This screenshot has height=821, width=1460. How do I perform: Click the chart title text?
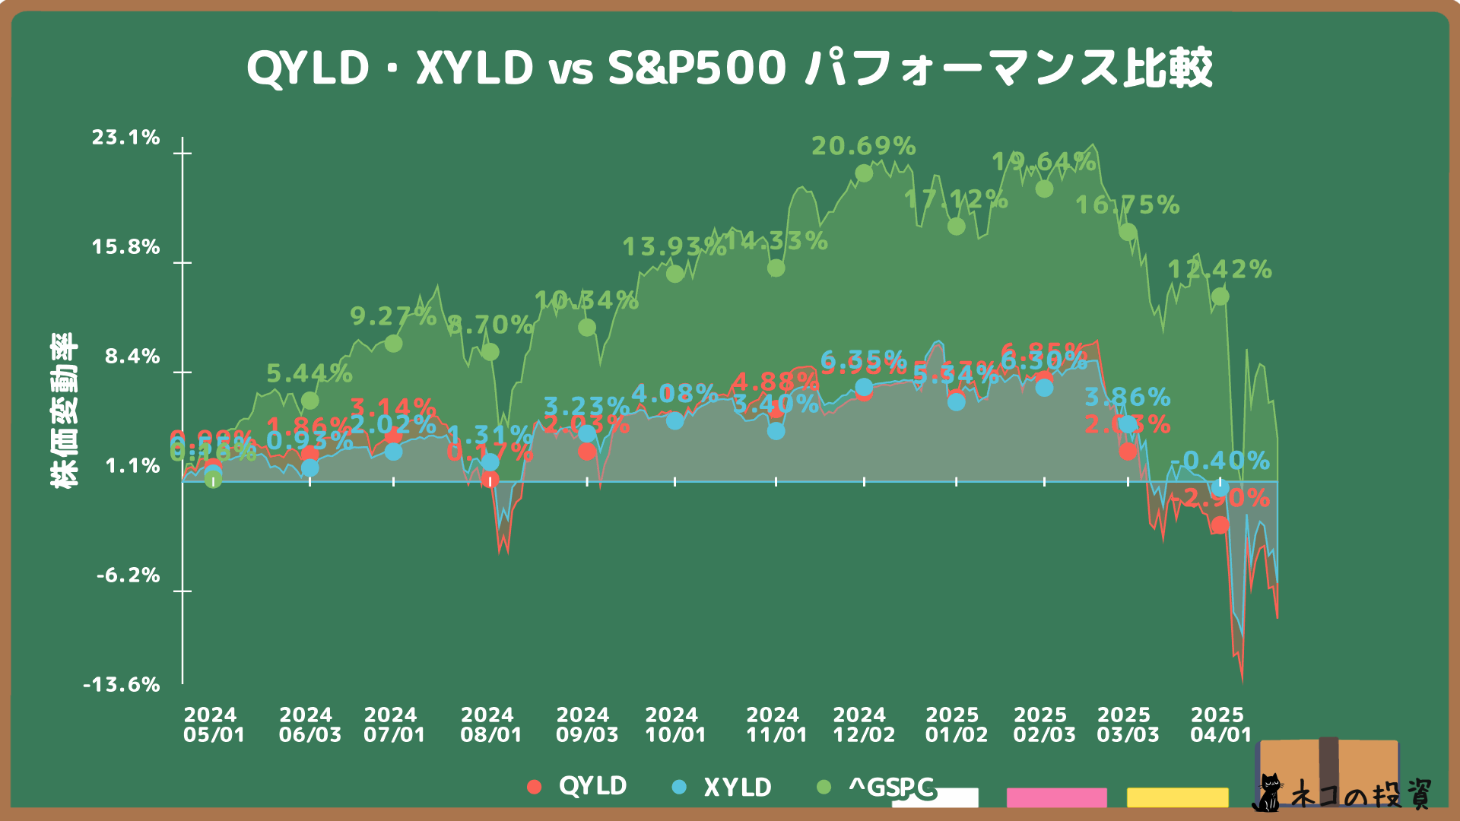click(x=728, y=68)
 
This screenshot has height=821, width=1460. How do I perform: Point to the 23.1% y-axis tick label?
click(x=126, y=138)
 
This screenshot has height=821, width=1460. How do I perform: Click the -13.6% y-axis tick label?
click(x=122, y=685)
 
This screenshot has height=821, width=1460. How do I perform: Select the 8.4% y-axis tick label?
click(x=132, y=357)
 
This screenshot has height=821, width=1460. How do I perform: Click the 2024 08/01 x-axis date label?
click(x=491, y=725)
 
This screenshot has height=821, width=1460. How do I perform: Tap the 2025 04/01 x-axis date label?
click(x=1220, y=725)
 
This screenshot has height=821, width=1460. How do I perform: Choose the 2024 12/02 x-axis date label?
click(x=864, y=725)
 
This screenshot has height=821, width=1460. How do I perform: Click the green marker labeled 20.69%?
click(x=864, y=173)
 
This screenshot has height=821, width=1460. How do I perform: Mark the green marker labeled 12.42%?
click(x=1220, y=296)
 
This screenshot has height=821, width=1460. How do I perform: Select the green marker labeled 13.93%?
click(x=674, y=274)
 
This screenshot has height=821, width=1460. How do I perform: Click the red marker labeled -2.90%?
click(x=1220, y=525)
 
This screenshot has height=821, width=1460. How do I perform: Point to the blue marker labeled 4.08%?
click(x=674, y=420)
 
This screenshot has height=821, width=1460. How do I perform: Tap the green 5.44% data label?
click(x=309, y=373)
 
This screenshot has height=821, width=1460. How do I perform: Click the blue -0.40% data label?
click(x=1220, y=461)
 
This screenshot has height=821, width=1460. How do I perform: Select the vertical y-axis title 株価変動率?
click(x=65, y=410)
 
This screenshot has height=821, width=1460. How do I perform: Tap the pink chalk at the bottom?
click(x=1056, y=797)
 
